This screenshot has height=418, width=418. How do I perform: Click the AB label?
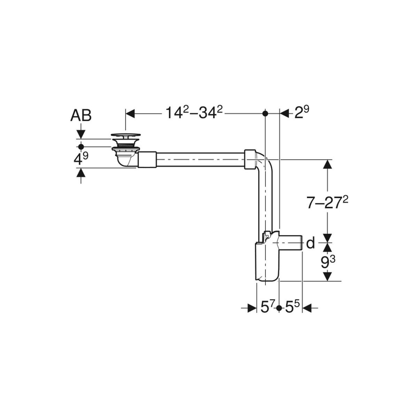[x=81, y=116]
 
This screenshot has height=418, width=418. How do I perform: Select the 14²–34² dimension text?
[x=194, y=113]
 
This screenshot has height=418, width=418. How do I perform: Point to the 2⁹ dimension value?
[x=302, y=113]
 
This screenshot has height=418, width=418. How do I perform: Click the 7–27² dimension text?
[x=327, y=203]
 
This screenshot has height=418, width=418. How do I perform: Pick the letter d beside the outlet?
[x=311, y=243]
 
